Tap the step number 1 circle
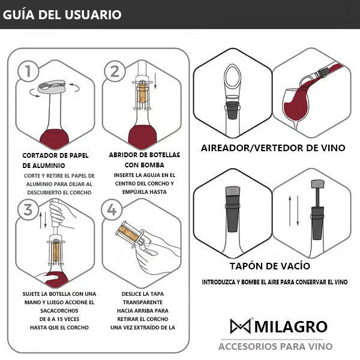pyautogui.click(x=25, y=71)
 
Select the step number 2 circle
pyautogui.click(x=114, y=71)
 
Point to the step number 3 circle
pyautogui.click(x=25, y=210)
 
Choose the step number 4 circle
pyautogui.click(x=112, y=210)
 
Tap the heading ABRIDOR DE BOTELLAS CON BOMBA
pyautogui.click(x=144, y=160)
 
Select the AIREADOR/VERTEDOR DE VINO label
pyautogui.click(x=273, y=148)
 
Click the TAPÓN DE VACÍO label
pyautogui.click(x=273, y=266)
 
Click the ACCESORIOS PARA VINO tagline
pyautogui.click(x=275, y=346)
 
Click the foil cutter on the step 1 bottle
pyautogui.click(x=53, y=89)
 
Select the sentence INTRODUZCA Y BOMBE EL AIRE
pyautogui.click(x=274, y=281)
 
